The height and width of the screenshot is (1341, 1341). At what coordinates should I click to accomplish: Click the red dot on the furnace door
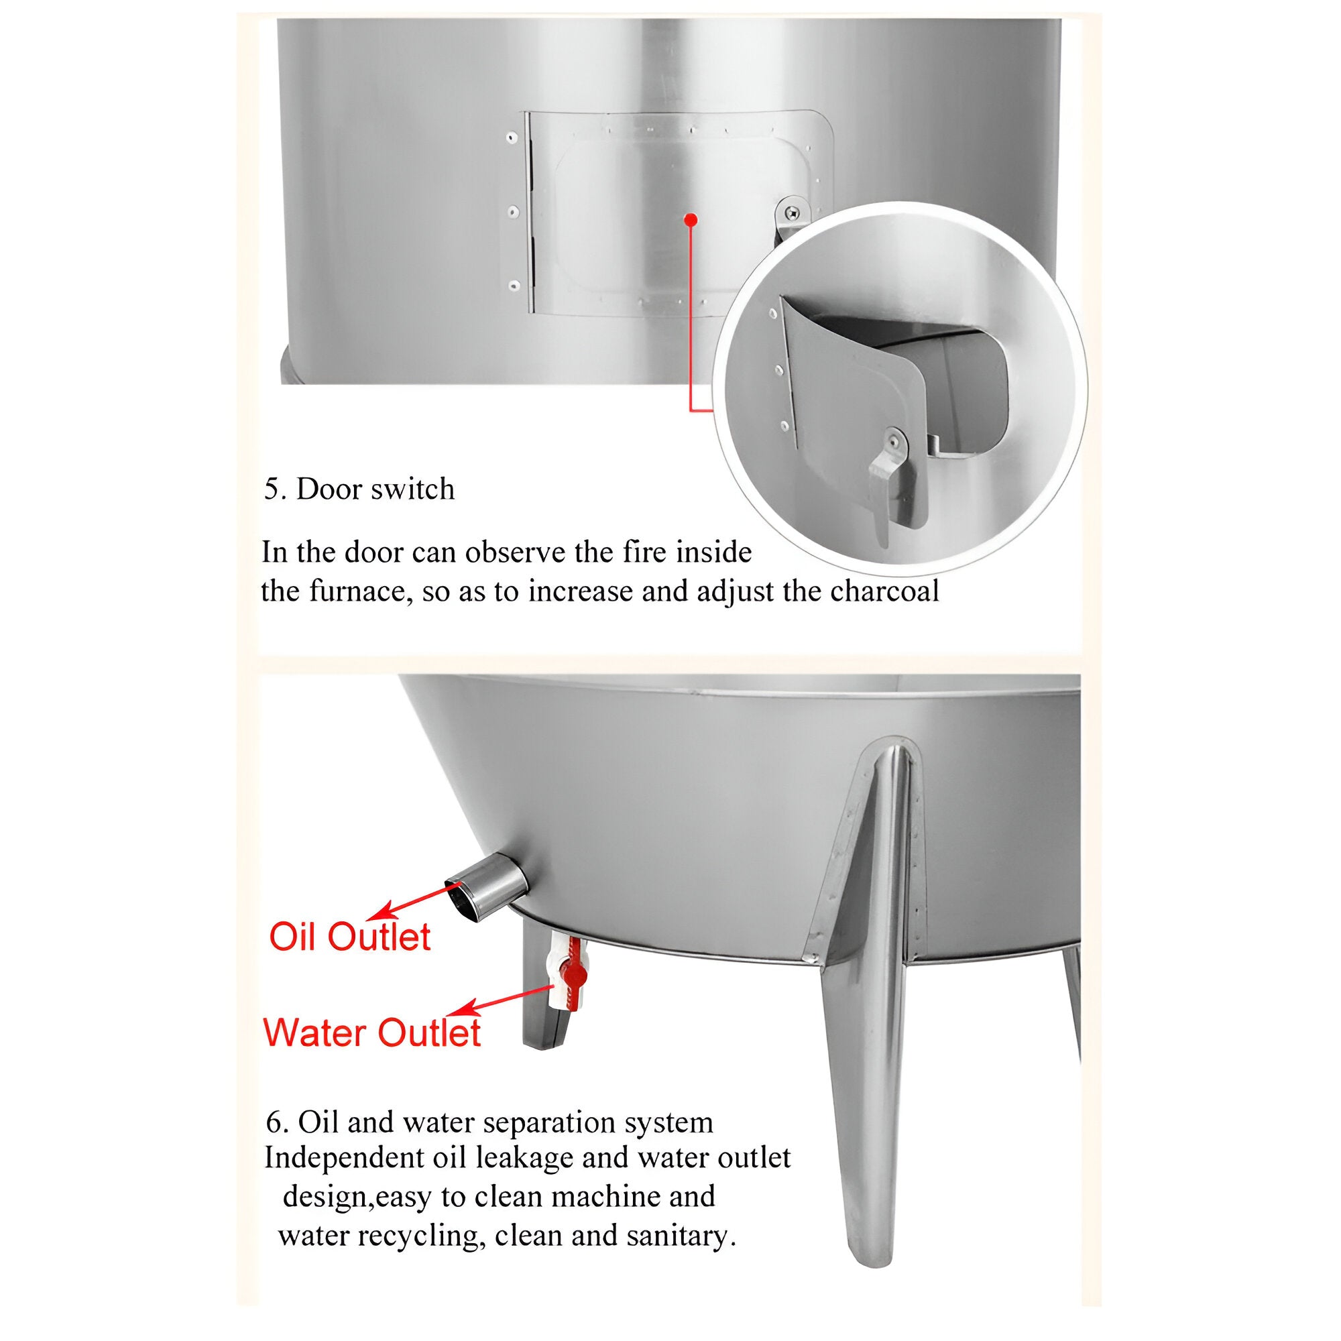tap(690, 220)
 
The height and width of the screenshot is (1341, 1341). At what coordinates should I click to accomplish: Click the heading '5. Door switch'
tap(359, 489)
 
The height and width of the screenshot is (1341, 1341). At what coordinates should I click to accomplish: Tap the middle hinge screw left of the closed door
tap(514, 212)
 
